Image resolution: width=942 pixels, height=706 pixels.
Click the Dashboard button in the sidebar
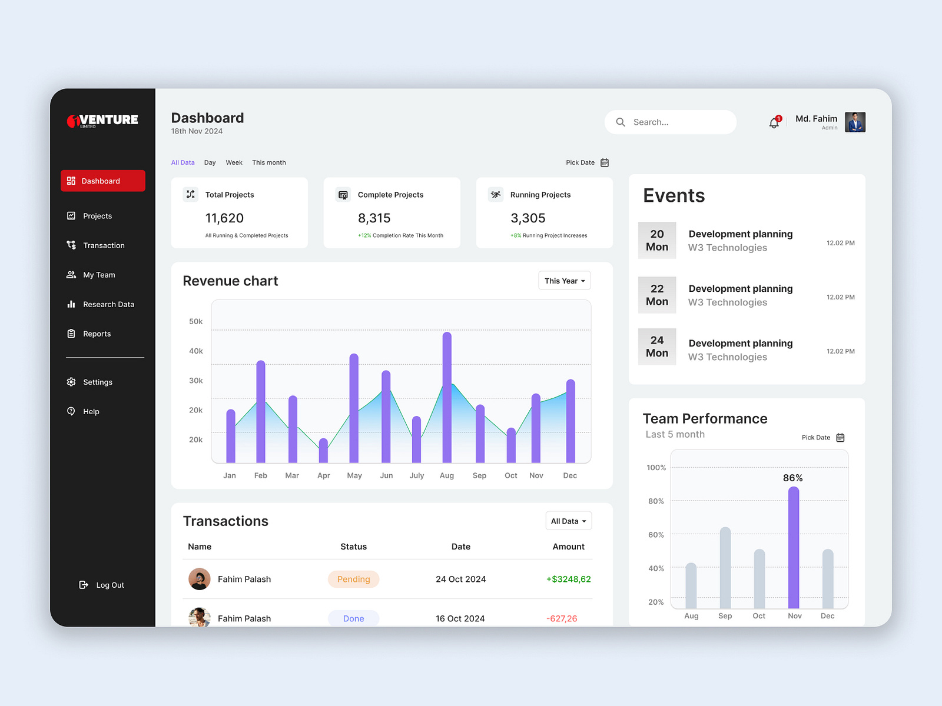coord(103,181)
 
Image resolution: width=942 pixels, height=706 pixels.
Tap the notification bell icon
coord(774,123)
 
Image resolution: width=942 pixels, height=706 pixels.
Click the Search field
coord(671,122)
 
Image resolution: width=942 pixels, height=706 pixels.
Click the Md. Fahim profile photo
coord(855,122)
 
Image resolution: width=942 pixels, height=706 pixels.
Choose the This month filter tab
coord(269,162)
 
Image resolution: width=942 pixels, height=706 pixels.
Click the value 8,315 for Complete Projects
coord(374,218)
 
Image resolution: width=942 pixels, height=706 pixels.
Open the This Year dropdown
coord(564,281)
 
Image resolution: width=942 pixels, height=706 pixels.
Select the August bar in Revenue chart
coord(447,398)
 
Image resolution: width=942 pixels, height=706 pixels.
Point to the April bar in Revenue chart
coord(323,451)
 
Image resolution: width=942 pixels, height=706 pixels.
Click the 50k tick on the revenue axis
coord(195,321)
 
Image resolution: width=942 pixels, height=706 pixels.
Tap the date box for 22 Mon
coord(657,295)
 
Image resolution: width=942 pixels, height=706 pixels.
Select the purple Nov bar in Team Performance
coord(794,547)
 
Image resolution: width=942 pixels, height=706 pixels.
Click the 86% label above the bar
coord(792,478)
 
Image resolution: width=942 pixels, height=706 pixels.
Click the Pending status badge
coord(353,579)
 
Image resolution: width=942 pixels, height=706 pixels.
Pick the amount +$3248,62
coord(568,579)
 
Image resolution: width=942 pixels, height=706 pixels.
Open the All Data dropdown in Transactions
coord(568,521)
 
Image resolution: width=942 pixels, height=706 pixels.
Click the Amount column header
coord(568,547)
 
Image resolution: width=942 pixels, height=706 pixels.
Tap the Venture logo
coord(103,121)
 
